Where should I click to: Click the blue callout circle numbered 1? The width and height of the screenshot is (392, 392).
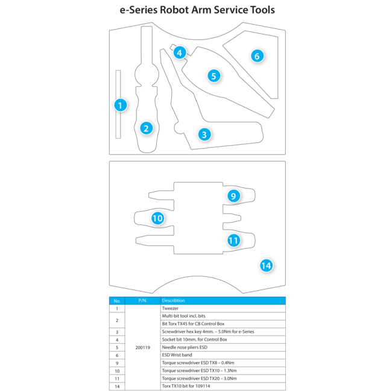pos(121,105)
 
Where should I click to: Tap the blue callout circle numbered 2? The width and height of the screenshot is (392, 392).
pos(145,128)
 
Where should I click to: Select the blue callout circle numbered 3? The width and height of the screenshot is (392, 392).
pos(204,134)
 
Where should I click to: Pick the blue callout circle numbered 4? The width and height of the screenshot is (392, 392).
pos(179,52)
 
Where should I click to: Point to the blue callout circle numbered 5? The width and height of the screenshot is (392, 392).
pos(213,76)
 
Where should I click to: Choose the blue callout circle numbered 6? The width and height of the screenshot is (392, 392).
pos(257,56)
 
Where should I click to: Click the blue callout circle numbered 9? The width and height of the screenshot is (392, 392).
pos(234,196)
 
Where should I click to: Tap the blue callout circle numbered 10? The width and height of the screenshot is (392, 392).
pos(157,218)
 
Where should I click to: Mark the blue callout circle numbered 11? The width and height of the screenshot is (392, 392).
pos(234,240)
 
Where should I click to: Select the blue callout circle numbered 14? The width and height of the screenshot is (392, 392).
pos(266,265)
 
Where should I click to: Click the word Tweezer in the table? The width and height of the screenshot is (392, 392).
pos(170,308)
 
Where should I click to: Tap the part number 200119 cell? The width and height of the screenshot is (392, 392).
pos(144,347)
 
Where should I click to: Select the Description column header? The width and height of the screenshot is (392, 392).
pos(174,300)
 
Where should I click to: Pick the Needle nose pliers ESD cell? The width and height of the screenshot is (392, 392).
pos(185,347)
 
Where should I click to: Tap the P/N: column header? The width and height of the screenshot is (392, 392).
pos(143,300)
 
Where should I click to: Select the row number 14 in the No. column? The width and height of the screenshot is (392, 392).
pos(117,386)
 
